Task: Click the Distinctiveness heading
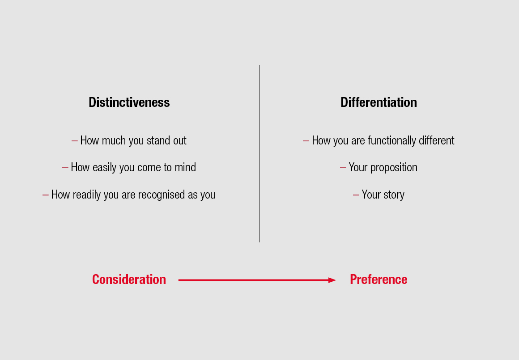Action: tap(129, 102)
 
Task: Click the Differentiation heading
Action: tap(379, 102)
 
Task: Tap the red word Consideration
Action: tap(129, 280)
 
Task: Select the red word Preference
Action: tap(379, 280)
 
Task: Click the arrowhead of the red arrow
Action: tap(332, 280)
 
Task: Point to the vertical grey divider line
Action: tap(259, 153)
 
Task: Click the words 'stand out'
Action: tap(166, 140)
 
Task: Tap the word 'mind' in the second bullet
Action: tap(185, 167)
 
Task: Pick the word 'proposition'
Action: tap(394, 168)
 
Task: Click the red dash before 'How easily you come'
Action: tap(65, 168)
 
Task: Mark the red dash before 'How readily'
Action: tap(46, 195)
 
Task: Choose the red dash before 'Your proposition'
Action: tap(343, 168)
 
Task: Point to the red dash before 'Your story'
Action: tap(356, 195)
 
